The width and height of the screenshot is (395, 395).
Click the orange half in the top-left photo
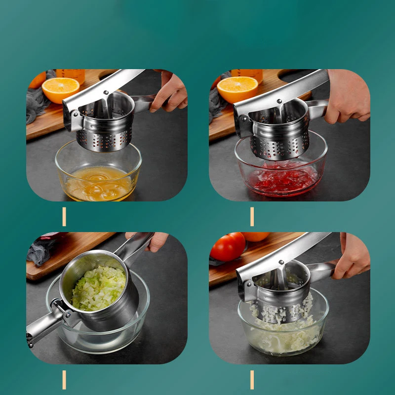(60, 89)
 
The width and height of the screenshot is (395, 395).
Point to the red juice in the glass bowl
(281, 181)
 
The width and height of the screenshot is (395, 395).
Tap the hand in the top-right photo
(348, 96)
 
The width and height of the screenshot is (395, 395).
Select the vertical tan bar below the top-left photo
(64, 217)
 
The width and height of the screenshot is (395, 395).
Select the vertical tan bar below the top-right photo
(252, 217)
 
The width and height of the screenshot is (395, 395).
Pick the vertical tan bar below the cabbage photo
(64, 379)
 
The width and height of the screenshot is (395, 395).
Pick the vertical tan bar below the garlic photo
(252, 379)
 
